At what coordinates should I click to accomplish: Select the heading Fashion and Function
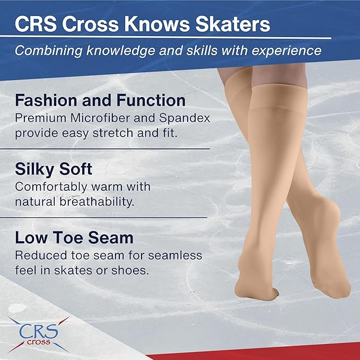click(x=100, y=100)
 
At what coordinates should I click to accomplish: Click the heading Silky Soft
click(x=54, y=170)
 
